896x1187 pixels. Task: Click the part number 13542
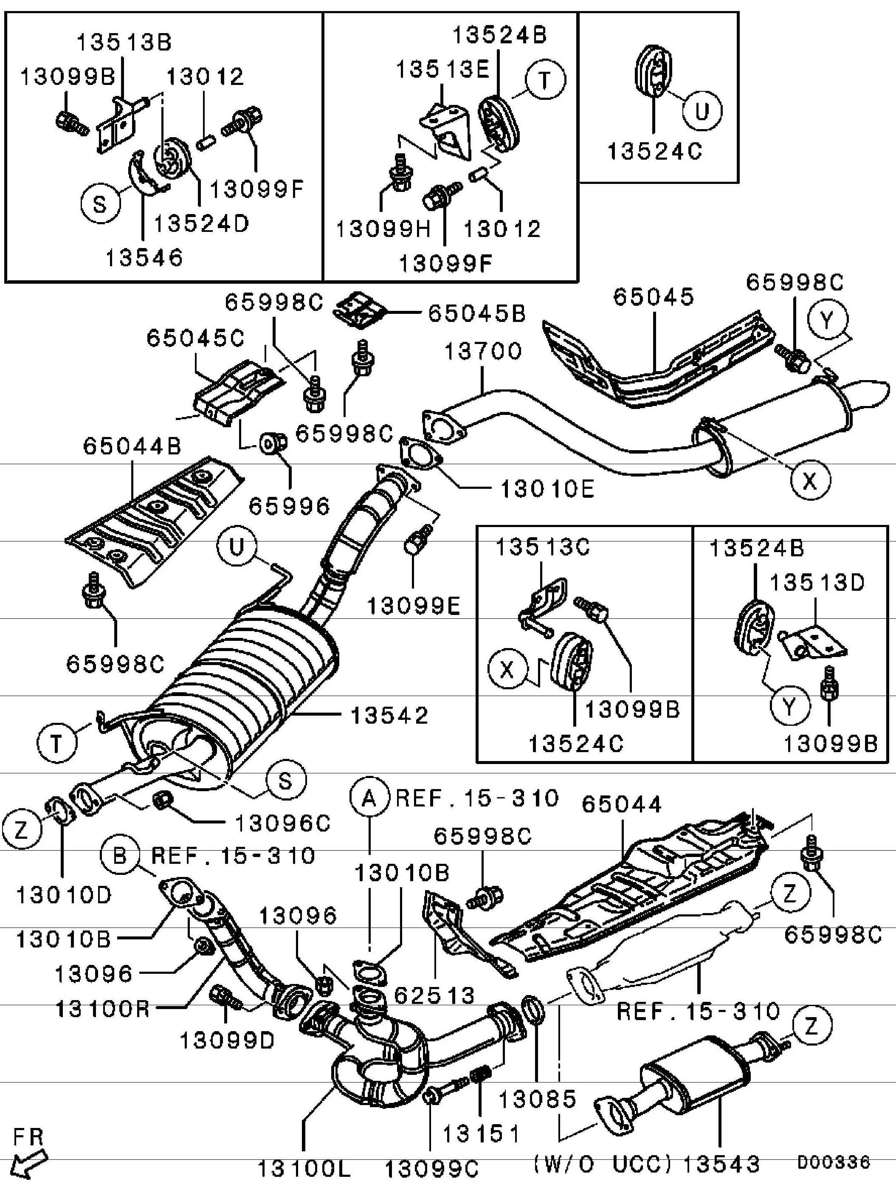[389, 715]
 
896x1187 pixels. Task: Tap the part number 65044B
[132, 446]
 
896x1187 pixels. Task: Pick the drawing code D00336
[833, 1162]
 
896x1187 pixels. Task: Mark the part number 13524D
[202, 223]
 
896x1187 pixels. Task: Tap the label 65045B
[476, 313]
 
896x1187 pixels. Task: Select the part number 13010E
[547, 489]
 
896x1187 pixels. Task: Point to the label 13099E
[414, 606]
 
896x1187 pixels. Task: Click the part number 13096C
[283, 823]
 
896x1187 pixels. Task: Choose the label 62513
[434, 995]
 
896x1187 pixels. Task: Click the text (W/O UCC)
[603, 1163]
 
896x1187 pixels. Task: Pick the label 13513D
[817, 582]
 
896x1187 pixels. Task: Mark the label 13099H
[383, 230]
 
